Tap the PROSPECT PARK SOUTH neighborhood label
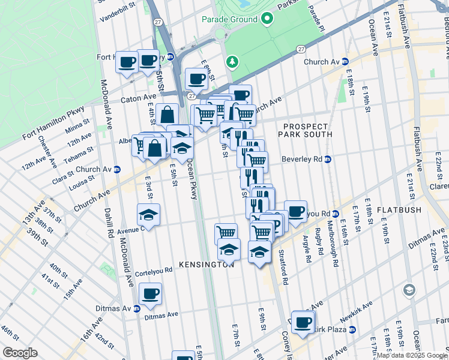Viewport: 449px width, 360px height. point(306,131)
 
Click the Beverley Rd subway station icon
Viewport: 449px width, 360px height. point(328,160)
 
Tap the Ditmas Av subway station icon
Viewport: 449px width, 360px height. point(137,308)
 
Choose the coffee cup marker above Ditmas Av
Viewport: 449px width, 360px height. point(150,294)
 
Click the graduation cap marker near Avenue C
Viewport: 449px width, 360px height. point(148,215)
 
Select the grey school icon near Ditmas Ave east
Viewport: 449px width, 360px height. point(409,290)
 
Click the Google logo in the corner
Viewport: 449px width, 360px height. point(20,352)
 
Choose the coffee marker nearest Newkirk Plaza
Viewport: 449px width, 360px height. point(303,322)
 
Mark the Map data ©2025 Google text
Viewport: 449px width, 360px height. point(412,355)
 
